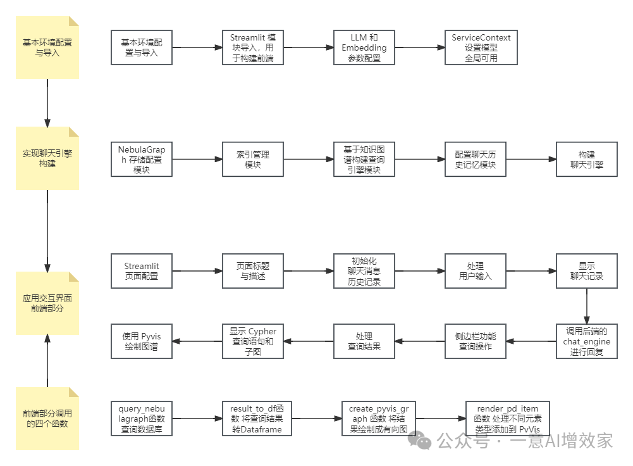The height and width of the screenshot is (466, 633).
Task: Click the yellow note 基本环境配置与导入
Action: tap(47, 47)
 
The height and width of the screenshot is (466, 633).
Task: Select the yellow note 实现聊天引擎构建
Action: tap(47, 158)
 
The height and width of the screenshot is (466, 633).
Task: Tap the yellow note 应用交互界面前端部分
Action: tap(47, 303)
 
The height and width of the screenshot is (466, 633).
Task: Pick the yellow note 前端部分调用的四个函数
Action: tap(47, 419)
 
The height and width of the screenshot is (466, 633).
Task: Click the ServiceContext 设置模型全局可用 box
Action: tap(481, 47)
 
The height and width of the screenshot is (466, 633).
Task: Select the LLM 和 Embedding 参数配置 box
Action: tap(364, 47)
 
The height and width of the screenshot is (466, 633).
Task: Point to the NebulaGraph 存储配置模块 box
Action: tap(142, 159)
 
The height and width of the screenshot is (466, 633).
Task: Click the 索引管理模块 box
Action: tap(253, 159)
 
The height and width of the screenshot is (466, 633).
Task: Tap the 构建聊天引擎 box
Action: tap(587, 159)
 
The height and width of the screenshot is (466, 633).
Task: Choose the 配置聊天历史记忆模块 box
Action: tap(476, 159)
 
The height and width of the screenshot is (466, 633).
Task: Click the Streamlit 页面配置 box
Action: tap(142, 271)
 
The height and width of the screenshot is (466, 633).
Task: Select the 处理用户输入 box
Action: tap(476, 271)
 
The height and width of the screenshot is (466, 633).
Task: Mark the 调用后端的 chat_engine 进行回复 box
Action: tap(587, 341)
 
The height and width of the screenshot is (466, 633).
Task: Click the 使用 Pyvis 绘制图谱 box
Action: tap(142, 341)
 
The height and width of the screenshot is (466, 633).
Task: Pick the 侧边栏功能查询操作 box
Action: tap(476, 341)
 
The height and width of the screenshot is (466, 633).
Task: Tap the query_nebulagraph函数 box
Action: tap(142, 419)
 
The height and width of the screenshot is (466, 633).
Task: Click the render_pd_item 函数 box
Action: tap(508, 419)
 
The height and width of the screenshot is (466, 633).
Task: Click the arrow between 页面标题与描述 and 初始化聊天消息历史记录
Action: tap(309, 271)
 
